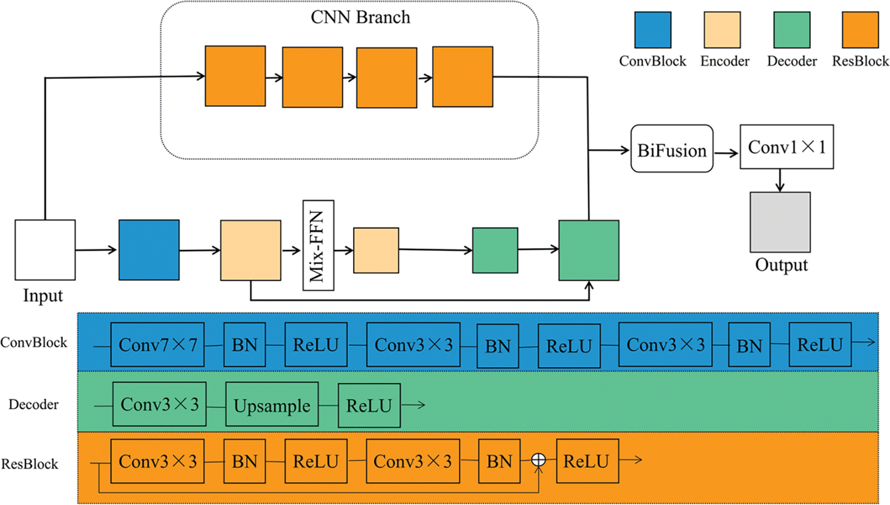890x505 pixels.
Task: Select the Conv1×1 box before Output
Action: click(786, 147)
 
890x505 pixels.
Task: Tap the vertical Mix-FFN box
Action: click(318, 245)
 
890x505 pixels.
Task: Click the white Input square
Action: click(45, 250)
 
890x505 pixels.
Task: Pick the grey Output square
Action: click(780, 222)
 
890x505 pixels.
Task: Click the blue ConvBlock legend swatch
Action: click(653, 30)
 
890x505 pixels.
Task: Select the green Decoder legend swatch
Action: click(792, 30)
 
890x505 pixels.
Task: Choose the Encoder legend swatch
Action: click(722, 30)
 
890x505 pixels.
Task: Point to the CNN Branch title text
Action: click(360, 17)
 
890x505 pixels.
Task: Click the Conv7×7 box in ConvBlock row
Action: click(157, 345)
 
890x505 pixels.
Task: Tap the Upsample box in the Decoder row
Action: click(272, 405)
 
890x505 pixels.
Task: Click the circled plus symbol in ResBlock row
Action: click(538, 460)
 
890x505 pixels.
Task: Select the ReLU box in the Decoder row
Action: click(369, 405)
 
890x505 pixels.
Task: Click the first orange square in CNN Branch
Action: click(235, 76)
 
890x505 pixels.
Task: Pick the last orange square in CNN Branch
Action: click(462, 77)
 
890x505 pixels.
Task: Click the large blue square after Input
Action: click(149, 250)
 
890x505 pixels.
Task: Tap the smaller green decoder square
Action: click(495, 250)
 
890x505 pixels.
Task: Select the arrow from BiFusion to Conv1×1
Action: click(726, 153)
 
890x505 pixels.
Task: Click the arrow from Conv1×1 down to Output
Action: click(780, 180)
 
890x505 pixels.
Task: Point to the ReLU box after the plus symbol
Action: click(587, 461)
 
